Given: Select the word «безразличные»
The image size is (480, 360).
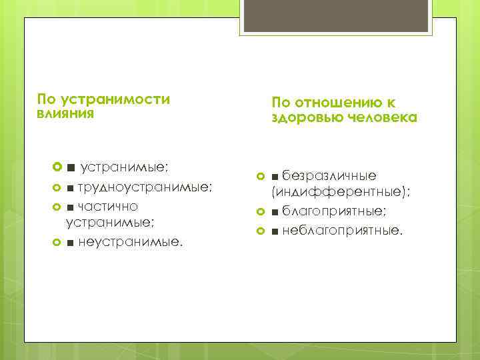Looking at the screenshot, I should [329, 175].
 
